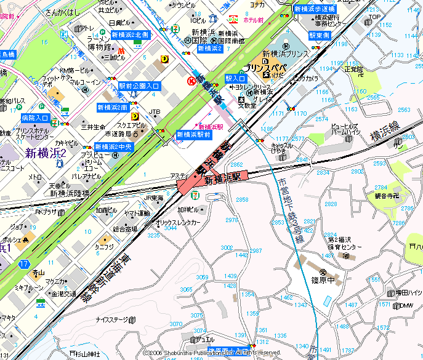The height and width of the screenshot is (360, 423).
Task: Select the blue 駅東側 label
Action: pos(320,36)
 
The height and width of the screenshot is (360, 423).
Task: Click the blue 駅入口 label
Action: pos(236,79)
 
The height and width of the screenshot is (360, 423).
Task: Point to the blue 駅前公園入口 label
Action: pos(140,86)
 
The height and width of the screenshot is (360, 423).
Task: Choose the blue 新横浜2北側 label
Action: pos(130,35)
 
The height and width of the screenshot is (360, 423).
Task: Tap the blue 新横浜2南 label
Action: pos(112,108)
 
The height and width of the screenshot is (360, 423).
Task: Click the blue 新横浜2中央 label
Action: pos(113,147)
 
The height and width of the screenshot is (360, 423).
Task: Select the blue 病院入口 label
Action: pos(34,118)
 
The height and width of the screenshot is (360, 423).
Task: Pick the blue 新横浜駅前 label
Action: pos(193,134)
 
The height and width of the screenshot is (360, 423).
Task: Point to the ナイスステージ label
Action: pos(111,320)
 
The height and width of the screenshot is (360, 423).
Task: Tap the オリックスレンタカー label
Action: pos(178,222)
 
